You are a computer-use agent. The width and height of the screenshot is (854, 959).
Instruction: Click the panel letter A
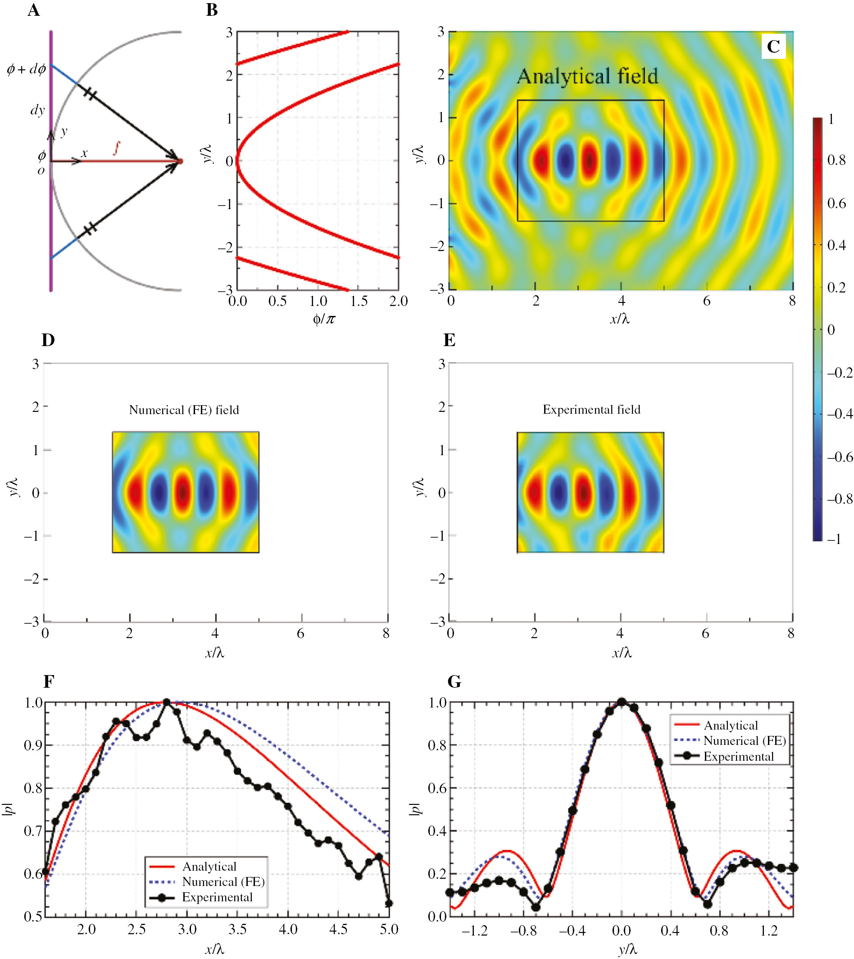33,10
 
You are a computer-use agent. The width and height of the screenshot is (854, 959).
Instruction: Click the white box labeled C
773,46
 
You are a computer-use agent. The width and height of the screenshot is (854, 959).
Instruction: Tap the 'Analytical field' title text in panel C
587,77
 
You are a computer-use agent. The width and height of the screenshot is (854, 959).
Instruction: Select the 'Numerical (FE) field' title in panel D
184,410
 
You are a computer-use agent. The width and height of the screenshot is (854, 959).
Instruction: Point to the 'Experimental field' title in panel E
591,409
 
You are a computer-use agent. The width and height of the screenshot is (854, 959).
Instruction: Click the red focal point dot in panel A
181,161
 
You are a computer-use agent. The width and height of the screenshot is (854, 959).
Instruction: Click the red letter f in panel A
116,149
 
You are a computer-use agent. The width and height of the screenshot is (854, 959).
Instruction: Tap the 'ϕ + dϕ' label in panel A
26,69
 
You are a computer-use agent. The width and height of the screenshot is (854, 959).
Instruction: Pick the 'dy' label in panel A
37,110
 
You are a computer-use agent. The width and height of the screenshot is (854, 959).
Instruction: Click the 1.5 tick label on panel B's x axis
359,301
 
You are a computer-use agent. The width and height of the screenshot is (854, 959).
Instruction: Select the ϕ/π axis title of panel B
324,320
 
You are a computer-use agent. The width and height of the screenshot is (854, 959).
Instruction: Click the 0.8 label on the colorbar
836,160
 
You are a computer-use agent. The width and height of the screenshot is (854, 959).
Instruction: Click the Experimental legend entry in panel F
217,898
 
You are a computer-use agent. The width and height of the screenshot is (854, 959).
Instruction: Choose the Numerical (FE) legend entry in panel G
744,741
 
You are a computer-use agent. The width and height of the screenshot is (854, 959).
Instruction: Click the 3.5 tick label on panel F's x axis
237,929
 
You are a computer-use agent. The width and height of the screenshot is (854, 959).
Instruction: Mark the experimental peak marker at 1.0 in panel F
167,703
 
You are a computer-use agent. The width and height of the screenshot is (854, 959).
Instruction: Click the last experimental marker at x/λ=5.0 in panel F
389,903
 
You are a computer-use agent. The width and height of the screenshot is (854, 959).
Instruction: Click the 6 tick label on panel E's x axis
705,634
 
